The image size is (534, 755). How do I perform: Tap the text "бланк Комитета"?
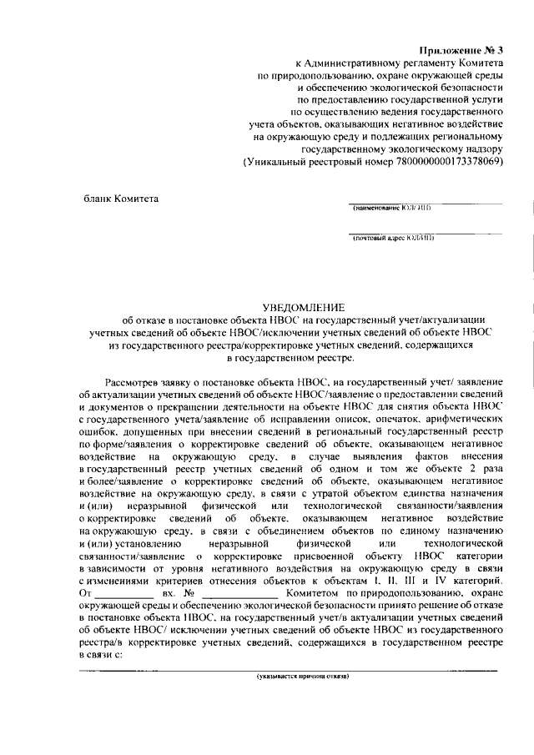(x=121, y=198)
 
